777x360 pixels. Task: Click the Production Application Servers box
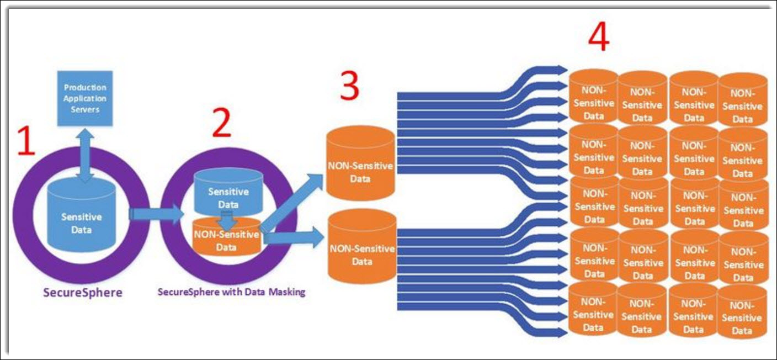pos(85,98)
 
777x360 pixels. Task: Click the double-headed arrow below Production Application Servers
pos(84,156)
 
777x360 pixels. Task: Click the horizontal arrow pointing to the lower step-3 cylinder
pos(294,238)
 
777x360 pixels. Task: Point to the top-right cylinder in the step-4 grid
pos(742,100)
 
